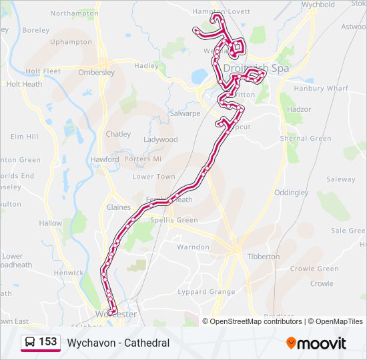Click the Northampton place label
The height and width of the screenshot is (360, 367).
(74, 13)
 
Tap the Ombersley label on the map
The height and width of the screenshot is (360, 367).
(97, 73)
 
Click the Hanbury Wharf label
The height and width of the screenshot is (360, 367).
(321, 88)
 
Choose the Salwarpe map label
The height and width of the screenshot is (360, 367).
(185, 113)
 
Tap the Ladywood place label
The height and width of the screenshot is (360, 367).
(161, 140)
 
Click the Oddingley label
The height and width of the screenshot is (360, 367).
(292, 193)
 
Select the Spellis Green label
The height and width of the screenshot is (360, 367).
(174, 220)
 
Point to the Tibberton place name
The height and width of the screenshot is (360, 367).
(264, 256)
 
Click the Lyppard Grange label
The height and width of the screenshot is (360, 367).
(206, 292)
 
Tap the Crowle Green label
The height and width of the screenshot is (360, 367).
(315, 269)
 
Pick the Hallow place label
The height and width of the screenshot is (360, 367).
(51, 224)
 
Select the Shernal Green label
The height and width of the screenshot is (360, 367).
(306, 139)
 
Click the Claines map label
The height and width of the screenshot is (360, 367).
(119, 207)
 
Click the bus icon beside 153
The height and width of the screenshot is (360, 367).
(30, 343)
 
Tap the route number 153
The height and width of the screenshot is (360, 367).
(48, 342)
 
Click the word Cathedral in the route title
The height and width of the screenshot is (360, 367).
(147, 343)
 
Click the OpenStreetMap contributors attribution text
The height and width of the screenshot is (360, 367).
(256, 321)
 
